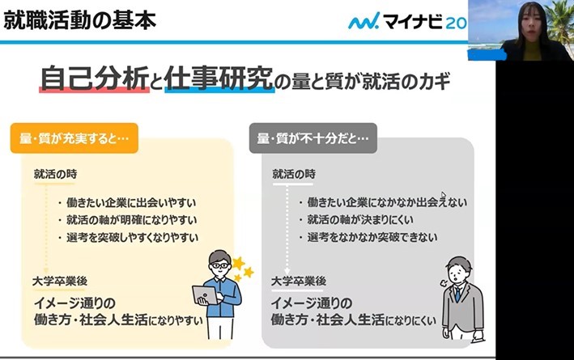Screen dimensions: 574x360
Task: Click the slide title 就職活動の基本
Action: tap(80, 20)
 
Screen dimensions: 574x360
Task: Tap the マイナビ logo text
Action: tap(413, 21)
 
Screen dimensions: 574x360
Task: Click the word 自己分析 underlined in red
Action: tap(95, 78)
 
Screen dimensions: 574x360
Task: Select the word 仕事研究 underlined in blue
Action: tap(219, 78)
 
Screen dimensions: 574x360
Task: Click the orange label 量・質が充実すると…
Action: tap(74, 138)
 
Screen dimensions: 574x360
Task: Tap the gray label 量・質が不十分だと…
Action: tap(313, 138)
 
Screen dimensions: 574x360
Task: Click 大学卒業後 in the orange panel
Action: tap(60, 281)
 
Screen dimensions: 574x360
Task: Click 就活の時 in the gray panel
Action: tap(294, 174)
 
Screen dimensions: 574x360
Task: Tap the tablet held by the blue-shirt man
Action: tap(205, 295)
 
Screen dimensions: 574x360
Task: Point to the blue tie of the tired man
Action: tap(457, 294)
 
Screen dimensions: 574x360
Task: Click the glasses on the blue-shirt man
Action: tap(219, 265)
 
